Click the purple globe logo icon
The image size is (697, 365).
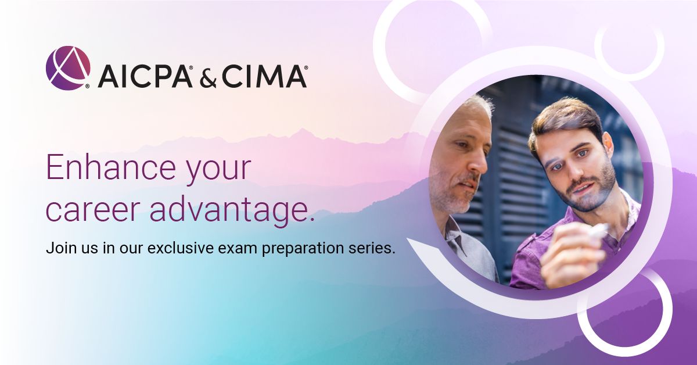tap(68, 68)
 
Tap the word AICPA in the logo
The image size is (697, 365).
tap(145, 77)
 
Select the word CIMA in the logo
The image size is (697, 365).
tap(264, 77)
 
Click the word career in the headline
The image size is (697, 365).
tap(92, 211)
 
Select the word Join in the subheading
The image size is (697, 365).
tap(59, 248)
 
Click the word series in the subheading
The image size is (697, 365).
tap(369, 248)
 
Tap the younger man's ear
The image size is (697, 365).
tap(607, 144)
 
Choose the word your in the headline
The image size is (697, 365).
tap(219, 171)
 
